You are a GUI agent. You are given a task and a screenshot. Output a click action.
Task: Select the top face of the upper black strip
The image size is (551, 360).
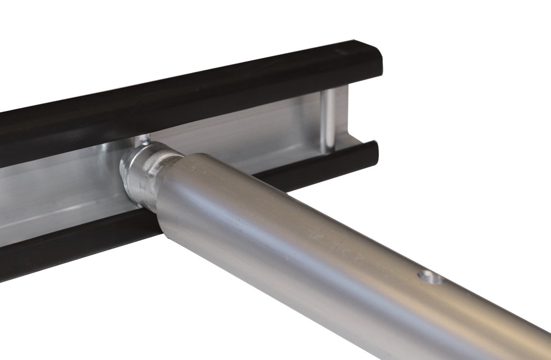pos(194,68)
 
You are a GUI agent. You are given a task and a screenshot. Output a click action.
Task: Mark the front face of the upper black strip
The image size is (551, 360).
pos(194,107)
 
